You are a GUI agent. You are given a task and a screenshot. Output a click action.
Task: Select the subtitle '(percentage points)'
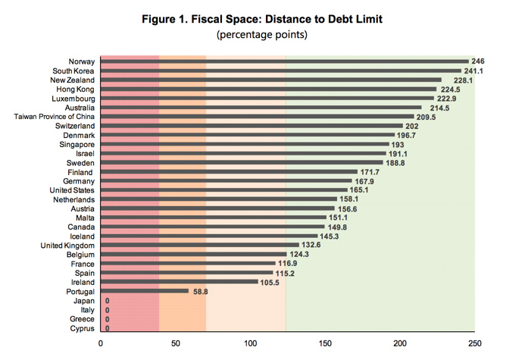(x=260, y=35)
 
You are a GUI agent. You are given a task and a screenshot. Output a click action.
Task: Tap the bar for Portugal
(x=144, y=291)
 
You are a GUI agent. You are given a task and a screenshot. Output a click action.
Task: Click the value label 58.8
(x=201, y=291)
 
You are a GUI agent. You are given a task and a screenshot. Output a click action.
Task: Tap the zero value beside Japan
(x=107, y=301)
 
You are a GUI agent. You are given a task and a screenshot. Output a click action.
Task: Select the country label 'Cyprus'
(x=82, y=328)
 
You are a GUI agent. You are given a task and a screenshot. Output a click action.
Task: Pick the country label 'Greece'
(x=81, y=319)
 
